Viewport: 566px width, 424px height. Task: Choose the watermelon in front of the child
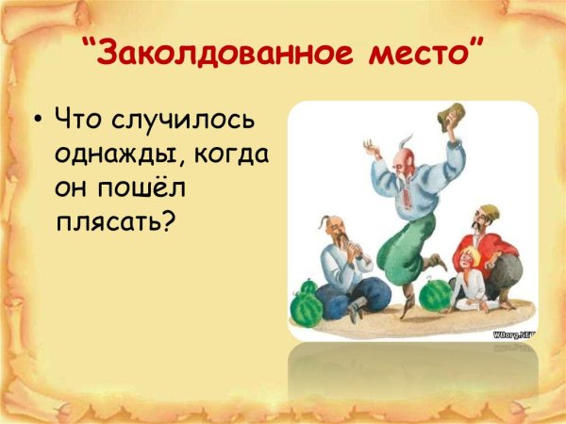click(x=436, y=295)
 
